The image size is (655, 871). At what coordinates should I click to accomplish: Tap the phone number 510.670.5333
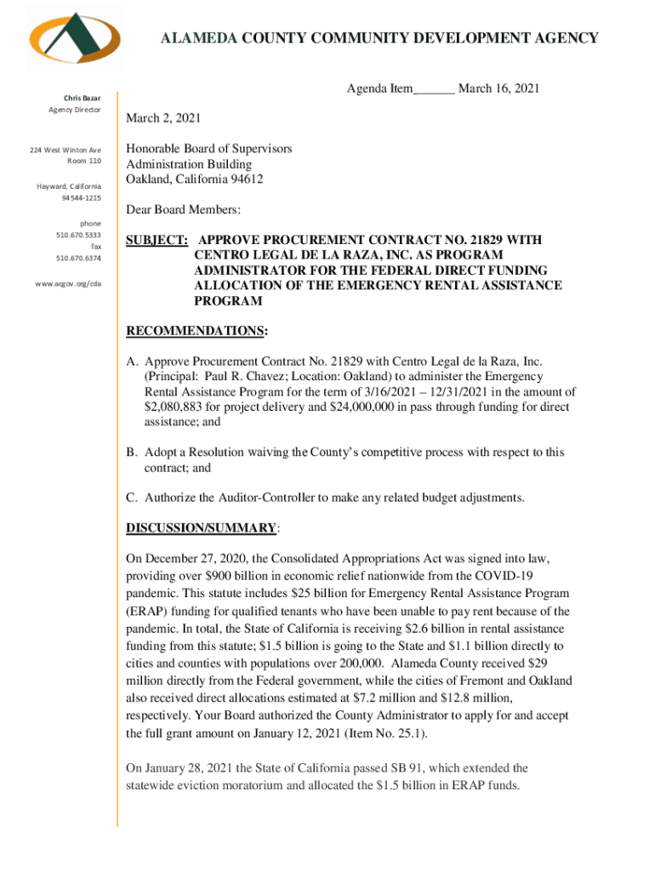coord(78,236)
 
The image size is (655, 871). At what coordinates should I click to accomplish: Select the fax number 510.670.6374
coord(78,258)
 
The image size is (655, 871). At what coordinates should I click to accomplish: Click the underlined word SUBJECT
coord(157,241)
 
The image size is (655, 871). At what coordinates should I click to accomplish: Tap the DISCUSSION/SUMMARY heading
coord(201,528)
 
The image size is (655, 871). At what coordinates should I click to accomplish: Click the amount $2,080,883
coord(174,407)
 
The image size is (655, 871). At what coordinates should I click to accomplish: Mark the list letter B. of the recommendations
coord(132,453)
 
